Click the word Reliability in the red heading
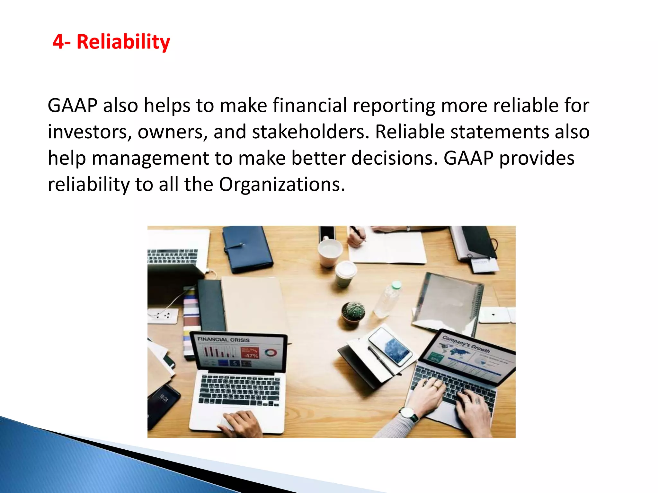click(123, 42)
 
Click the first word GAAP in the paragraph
click(72, 106)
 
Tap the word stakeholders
click(310, 132)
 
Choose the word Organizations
click(281, 185)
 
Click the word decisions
click(394, 158)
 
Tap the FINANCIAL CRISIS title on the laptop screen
click(223, 340)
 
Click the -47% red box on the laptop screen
click(250, 353)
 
